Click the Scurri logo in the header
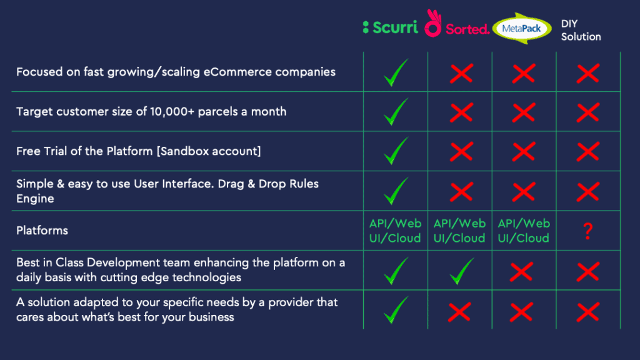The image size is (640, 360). click(390, 27)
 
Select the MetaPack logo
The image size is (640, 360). click(522, 29)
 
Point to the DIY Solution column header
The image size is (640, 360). click(581, 30)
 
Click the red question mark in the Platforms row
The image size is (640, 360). click(587, 231)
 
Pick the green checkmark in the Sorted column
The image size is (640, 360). click(462, 271)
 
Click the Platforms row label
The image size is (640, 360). click(42, 231)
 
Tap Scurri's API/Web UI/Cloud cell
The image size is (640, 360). click(395, 231)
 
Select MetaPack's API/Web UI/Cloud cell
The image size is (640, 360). click(524, 231)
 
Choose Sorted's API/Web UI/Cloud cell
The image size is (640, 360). click(459, 231)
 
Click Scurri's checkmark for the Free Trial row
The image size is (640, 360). click(396, 151)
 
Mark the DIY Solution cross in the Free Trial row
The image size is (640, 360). click(587, 151)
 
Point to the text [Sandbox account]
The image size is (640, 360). click(209, 151)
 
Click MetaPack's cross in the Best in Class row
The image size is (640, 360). click(521, 272)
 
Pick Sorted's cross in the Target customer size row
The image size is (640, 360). click(461, 112)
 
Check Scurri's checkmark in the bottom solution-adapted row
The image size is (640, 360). click(396, 310)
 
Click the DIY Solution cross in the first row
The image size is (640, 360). click(587, 74)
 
